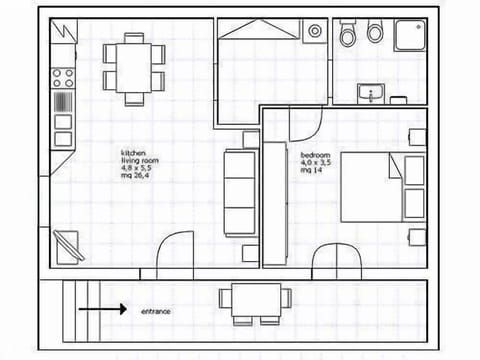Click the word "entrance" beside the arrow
[155, 311]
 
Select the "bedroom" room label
[316, 155]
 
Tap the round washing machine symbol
[315, 32]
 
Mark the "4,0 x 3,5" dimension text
[316, 163]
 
